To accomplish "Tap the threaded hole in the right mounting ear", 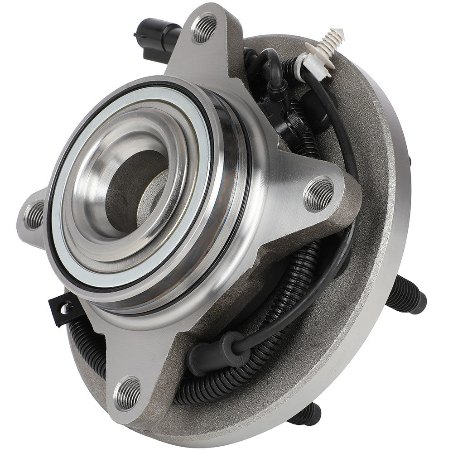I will (x=318, y=194).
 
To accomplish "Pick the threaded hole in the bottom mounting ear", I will (x=127, y=393).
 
